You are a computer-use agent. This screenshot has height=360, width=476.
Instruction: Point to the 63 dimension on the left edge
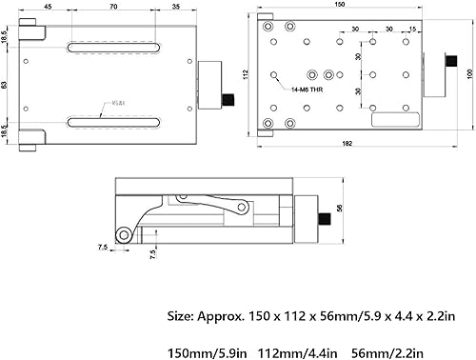[x=5, y=86]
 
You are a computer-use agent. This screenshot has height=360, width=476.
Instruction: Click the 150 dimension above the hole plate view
[x=341, y=5]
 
